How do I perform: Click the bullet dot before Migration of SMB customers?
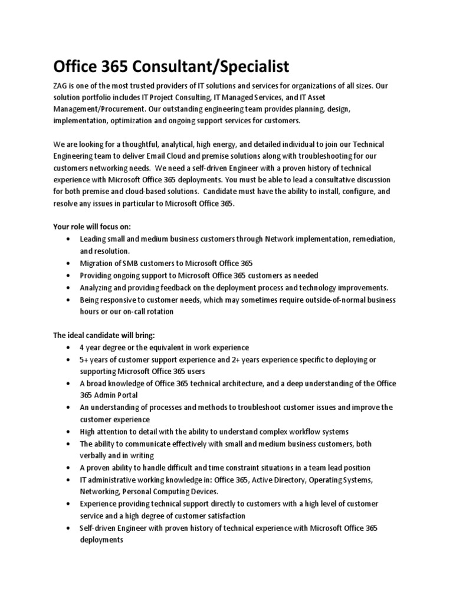coord(70,263)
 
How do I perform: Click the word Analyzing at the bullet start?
coord(99,288)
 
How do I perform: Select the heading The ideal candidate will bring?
coord(104,335)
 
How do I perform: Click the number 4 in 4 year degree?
coord(83,347)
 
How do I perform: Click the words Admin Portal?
coord(113,395)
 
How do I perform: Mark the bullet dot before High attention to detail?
coord(70,431)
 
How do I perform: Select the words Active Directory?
coord(274,480)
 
